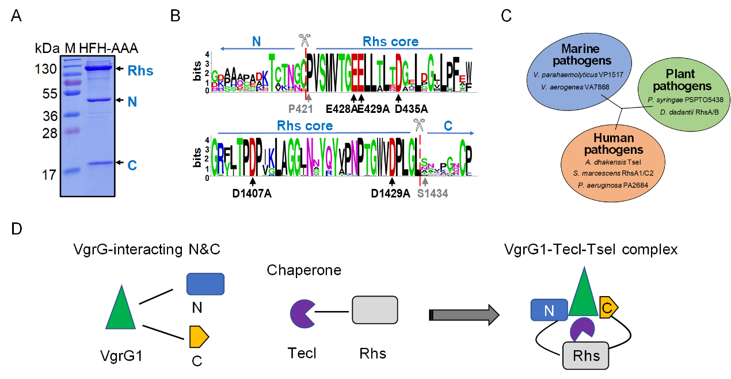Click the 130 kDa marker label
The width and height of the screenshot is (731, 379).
click(x=44, y=69)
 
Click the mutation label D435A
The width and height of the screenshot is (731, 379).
click(x=410, y=109)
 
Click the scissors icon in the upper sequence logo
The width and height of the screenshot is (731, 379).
click(x=304, y=41)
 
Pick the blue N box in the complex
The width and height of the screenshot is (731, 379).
click(x=549, y=310)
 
